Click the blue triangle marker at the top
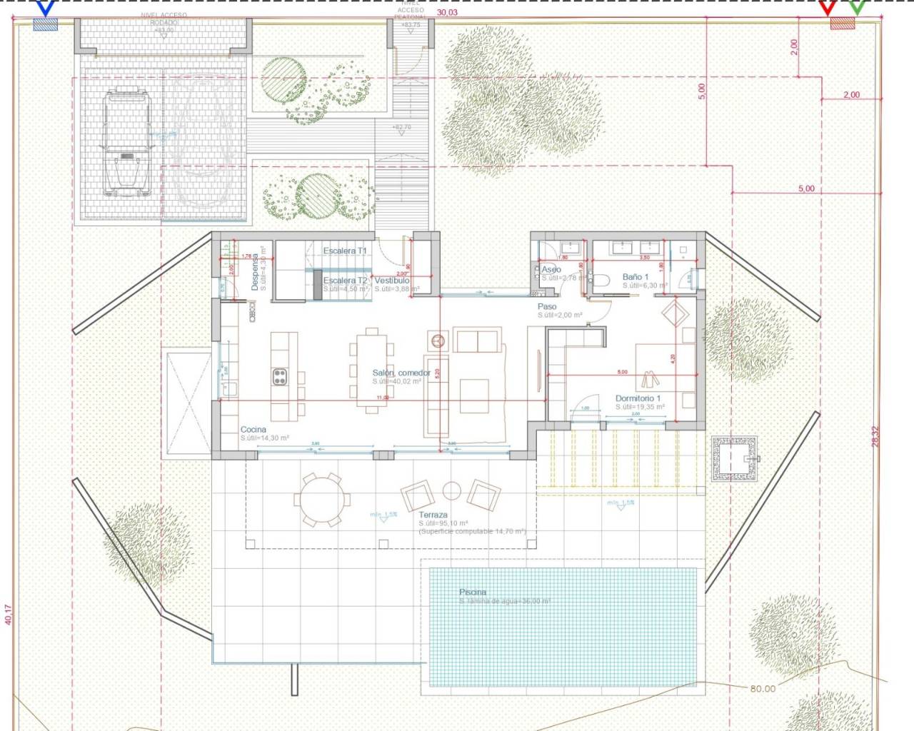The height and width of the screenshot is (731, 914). click(46, 8)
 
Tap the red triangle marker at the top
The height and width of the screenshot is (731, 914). click(827, 8)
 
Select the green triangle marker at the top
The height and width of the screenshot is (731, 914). click(857, 8)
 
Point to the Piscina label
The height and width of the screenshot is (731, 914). click(473, 592)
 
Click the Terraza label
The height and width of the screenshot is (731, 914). click(433, 515)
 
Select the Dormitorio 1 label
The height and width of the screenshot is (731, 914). click(638, 398)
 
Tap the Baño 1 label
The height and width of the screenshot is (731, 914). click(636, 277)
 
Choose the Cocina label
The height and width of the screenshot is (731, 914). click(253, 430)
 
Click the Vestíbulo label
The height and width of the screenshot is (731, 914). click(392, 281)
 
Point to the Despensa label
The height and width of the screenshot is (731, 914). click(254, 273)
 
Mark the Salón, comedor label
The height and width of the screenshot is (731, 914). click(401, 373)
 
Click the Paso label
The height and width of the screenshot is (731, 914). click(547, 306)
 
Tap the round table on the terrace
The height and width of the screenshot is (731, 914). click(322, 499)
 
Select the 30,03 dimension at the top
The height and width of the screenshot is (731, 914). click(447, 12)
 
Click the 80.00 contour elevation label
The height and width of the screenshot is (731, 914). click(763, 688)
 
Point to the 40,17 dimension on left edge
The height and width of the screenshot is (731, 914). click(9, 615)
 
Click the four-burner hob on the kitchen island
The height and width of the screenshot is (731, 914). click(280, 376)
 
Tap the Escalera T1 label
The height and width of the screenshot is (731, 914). click(344, 251)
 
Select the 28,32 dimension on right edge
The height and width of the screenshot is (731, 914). click(875, 436)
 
